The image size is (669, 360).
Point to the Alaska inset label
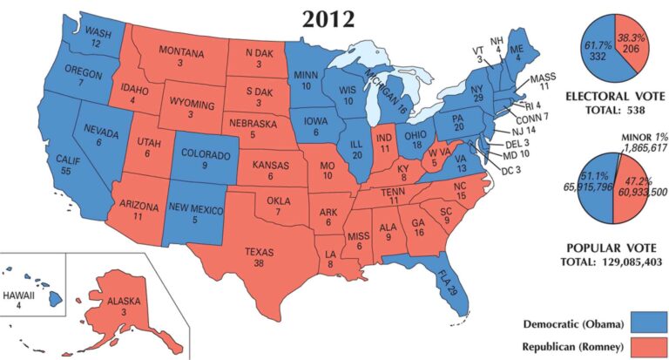point(125,302)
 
